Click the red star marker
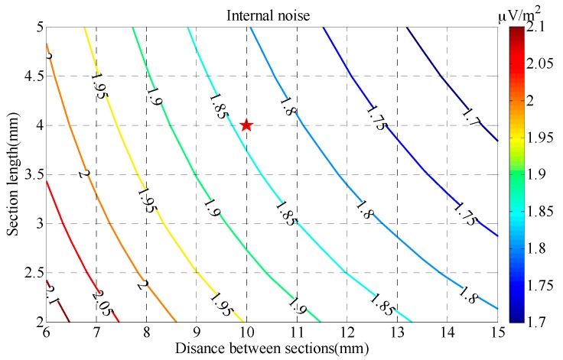[x=246, y=125]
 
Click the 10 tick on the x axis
[x=246, y=334]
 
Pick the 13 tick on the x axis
[x=397, y=334]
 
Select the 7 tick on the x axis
[x=96, y=334]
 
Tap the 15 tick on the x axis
[x=497, y=334]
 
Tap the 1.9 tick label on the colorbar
[x=539, y=174]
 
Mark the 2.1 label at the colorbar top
[x=539, y=28]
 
